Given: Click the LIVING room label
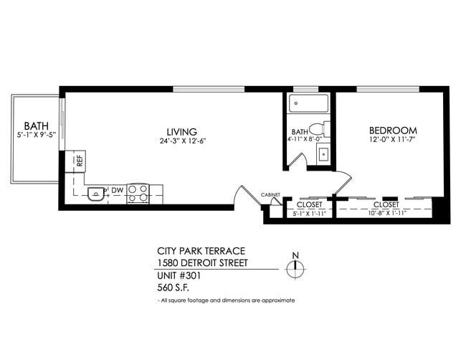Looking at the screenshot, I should tap(181, 131).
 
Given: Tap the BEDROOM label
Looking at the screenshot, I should tap(393, 131).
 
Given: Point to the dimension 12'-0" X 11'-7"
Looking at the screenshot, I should tap(393, 140).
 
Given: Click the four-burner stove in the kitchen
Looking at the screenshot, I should tap(138, 192).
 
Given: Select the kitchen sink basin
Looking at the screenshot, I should tap(95, 193).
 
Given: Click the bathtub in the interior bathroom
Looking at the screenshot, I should tap(309, 105).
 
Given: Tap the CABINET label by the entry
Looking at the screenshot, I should tap(270, 194).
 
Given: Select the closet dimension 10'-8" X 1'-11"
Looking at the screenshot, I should tap(386, 212).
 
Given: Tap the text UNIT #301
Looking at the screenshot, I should tap(177, 275).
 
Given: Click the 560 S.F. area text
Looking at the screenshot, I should tap(172, 287).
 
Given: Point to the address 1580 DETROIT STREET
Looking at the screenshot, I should tap(203, 263).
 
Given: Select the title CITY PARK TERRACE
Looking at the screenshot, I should tap(201, 251).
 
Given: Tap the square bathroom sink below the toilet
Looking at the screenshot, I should tap(323, 154).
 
